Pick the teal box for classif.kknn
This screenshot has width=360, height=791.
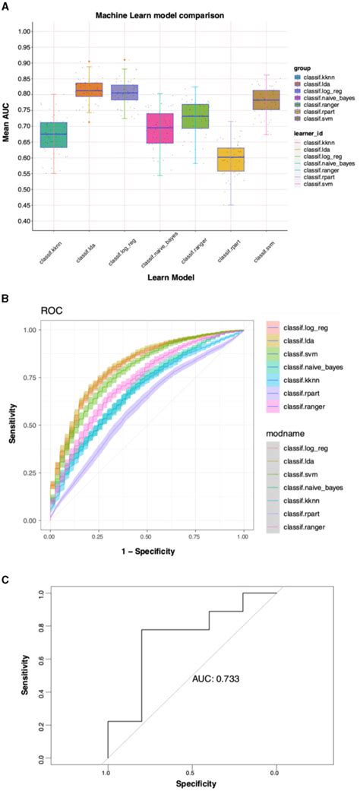[x=53, y=134]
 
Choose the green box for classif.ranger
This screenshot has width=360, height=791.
[x=196, y=116]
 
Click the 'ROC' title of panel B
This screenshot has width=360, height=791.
[x=51, y=311]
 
